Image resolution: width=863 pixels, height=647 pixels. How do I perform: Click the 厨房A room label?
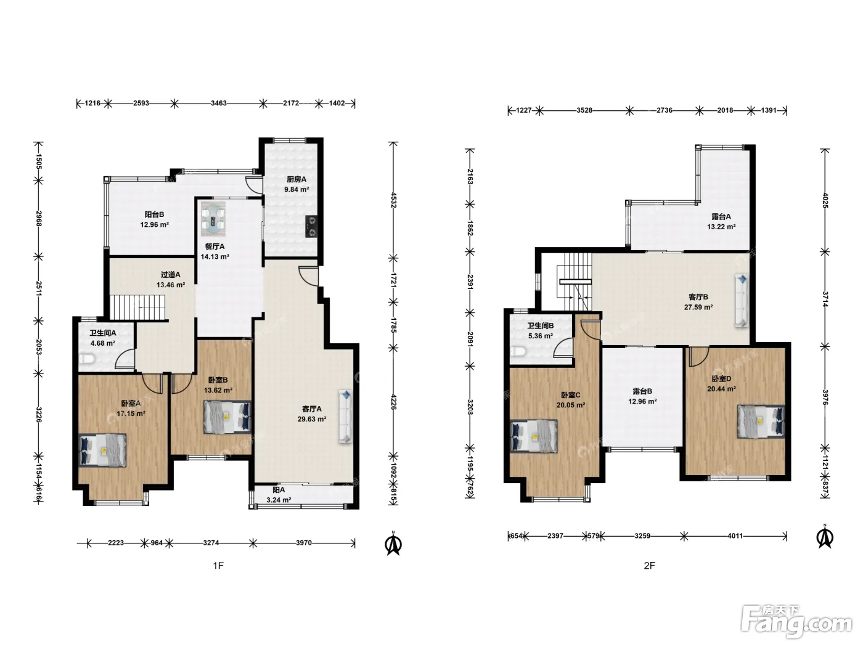(x=296, y=179)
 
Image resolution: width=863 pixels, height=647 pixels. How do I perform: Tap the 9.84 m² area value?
(x=297, y=189)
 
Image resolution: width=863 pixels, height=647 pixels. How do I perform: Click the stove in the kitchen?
(x=311, y=227)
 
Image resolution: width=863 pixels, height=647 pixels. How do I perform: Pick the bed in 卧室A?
(x=102, y=450)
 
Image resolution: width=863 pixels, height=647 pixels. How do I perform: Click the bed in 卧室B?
(x=227, y=417)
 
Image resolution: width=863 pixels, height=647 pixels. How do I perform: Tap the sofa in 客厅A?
(x=345, y=417)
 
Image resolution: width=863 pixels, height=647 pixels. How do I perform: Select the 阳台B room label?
(x=154, y=214)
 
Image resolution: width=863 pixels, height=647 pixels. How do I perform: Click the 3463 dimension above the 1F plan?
(x=219, y=104)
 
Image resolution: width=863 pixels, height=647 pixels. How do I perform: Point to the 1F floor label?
(x=218, y=565)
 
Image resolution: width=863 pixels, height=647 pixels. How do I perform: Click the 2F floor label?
(x=649, y=565)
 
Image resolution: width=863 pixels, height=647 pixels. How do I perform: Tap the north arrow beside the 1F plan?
(x=393, y=543)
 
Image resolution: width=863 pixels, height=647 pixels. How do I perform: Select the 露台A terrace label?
(x=721, y=216)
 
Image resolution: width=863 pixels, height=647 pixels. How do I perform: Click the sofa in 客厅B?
(x=742, y=301)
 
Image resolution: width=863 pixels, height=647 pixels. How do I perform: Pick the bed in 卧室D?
(x=761, y=421)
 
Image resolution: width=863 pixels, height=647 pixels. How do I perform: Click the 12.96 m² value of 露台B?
(x=642, y=402)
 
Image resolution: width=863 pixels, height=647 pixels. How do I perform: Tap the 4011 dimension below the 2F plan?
(x=735, y=536)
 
